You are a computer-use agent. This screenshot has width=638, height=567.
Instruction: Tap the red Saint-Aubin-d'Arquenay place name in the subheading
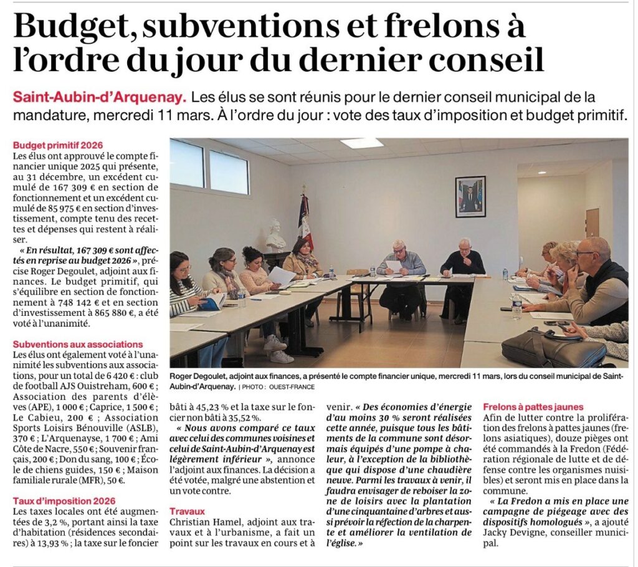click(x=99, y=98)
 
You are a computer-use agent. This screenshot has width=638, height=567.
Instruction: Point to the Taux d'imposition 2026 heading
click(x=64, y=501)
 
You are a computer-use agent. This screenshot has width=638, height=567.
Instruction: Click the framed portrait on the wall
click(x=470, y=196)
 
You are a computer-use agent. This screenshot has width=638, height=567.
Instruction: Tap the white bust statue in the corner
click(x=275, y=236)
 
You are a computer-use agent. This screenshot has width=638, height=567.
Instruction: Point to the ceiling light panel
click(x=361, y=143)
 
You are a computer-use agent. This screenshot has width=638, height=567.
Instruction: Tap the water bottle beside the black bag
click(x=517, y=307)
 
